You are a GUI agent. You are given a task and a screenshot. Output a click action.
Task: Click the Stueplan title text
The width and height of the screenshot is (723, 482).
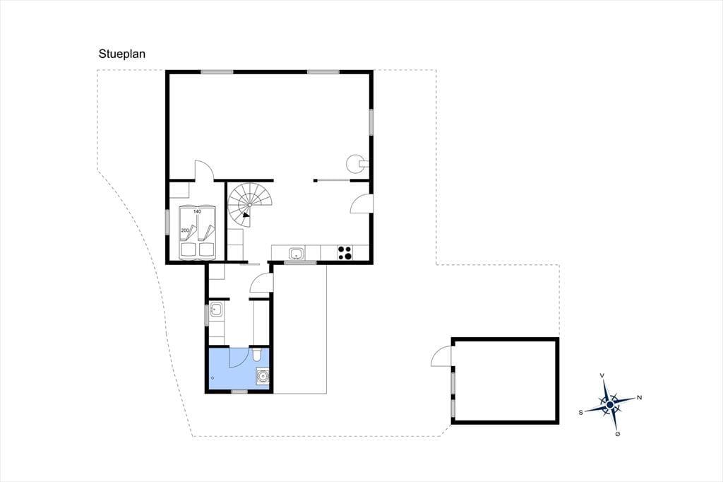[121, 54]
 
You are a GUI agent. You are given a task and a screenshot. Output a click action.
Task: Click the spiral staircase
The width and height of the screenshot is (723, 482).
[250, 205]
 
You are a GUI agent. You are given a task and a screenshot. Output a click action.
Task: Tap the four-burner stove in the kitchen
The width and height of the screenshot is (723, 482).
[344, 252]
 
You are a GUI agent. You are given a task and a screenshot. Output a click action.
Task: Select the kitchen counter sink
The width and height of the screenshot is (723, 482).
[296, 254]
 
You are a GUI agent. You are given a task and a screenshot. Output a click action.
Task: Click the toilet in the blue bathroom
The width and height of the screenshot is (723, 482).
[257, 354]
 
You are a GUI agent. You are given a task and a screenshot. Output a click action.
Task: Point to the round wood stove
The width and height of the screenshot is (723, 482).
[357, 163]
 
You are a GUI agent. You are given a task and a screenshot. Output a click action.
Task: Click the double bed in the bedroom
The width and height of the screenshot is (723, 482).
[198, 233]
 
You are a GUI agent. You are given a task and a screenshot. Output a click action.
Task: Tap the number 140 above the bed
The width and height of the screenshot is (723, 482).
[198, 211]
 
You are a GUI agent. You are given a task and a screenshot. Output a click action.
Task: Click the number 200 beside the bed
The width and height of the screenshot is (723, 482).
[185, 230]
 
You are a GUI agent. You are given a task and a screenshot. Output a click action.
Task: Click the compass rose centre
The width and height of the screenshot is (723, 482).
[610, 404]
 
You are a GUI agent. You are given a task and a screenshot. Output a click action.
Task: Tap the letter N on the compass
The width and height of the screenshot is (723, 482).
[639, 397]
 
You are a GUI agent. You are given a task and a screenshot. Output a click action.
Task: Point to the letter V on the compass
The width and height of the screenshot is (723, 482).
[602, 376]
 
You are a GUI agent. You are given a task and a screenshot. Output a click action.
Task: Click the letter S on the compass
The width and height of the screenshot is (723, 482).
[581, 412]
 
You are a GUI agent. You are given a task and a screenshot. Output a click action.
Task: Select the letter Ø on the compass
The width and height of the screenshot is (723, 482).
[617, 433]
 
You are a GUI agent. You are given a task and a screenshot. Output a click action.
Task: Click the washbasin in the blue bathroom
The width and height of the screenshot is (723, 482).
[263, 376]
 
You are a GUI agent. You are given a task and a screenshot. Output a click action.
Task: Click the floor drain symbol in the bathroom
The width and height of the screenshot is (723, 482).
[213, 377]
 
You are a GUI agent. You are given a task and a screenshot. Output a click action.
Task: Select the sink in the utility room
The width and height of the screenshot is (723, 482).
[216, 310]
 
